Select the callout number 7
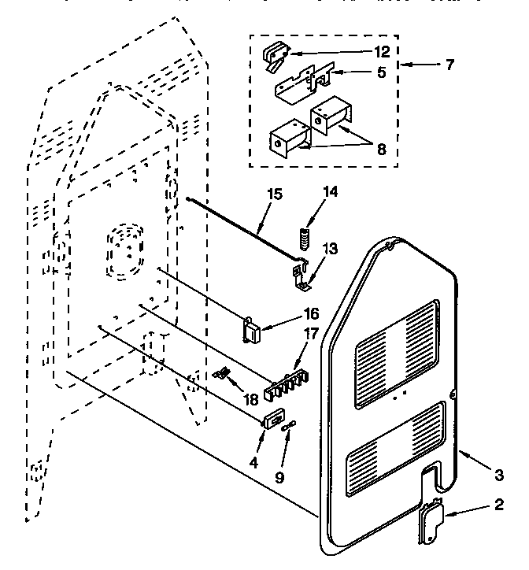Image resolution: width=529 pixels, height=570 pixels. pos(449,65)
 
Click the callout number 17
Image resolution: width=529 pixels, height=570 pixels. pos(311,333)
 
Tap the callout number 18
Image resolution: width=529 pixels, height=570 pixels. pos(251,399)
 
